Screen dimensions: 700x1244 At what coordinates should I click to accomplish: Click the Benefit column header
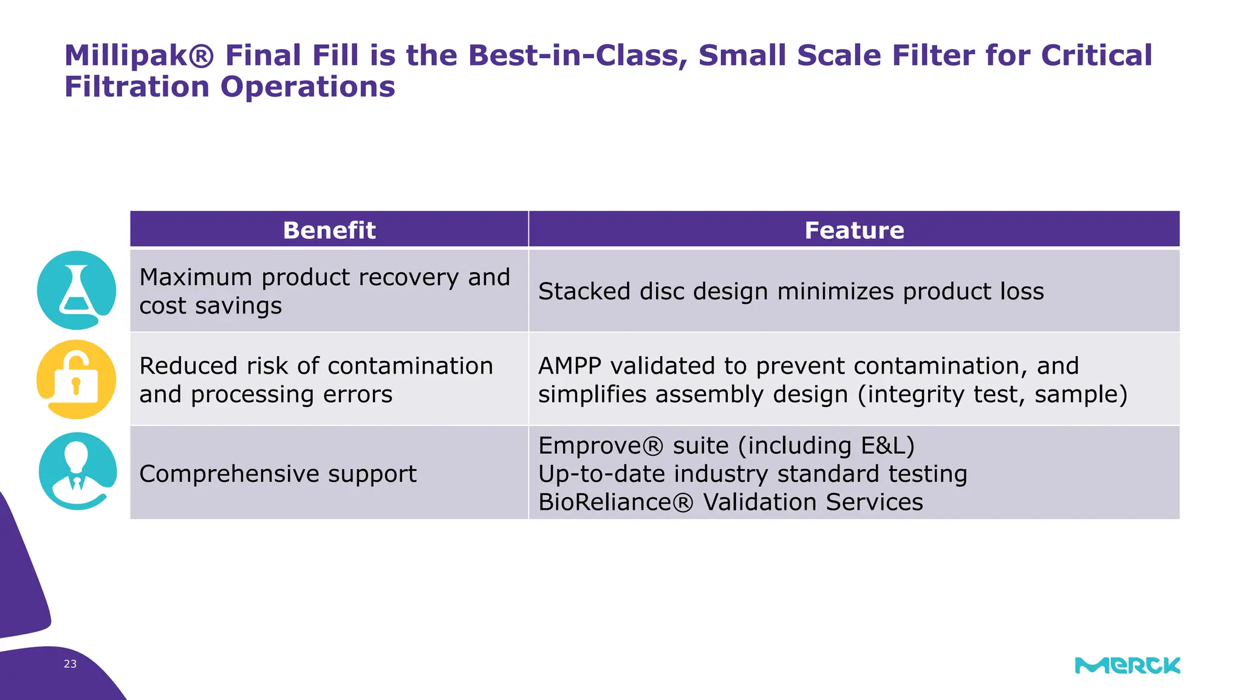pos(329,230)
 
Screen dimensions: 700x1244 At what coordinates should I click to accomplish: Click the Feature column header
pos(854,230)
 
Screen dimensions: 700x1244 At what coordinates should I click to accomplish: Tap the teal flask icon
pos(77,290)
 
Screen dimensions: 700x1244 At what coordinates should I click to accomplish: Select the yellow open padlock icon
pos(77,379)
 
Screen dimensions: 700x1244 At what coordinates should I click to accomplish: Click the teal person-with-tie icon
pos(77,471)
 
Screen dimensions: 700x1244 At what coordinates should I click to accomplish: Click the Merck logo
pos(1127,665)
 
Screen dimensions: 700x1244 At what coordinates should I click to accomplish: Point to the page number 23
pos(70,664)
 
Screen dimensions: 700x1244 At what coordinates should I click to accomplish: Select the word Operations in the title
pos(307,87)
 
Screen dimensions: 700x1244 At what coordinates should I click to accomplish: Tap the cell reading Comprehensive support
pos(278,474)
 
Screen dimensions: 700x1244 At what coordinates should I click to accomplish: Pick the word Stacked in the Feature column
pos(584,292)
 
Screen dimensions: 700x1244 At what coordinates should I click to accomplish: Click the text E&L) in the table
pos(887,446)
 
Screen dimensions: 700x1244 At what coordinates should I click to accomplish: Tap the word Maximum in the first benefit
pos(196,278)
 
